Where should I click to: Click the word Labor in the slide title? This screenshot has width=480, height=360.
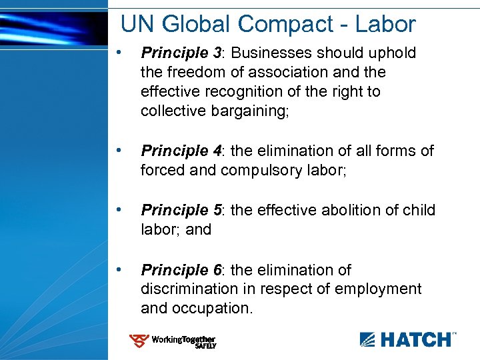click(385, 25)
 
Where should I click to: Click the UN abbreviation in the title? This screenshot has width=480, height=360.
click(137, 25)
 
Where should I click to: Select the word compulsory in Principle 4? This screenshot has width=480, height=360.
click(263, 170)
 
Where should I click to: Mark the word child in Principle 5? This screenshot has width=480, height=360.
click(419, 210)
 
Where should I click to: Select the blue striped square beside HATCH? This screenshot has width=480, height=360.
click(368, 339)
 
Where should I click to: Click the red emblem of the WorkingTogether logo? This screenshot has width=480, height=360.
click(139, 341)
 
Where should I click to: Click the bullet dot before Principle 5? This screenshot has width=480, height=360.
click(118, 209)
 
